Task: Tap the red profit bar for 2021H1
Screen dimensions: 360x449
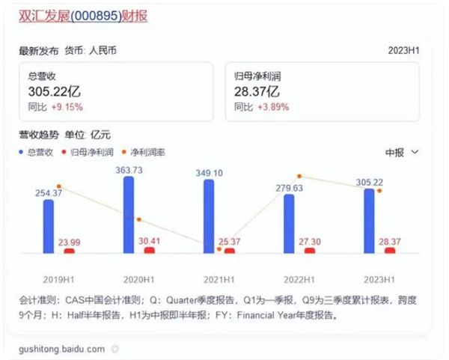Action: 229,251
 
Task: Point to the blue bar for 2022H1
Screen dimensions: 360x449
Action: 289,224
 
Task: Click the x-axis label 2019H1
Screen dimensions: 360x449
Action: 58,279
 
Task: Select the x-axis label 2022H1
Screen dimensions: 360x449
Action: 299,279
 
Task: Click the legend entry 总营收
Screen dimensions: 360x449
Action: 39,152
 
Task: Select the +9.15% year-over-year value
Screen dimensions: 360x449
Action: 67,108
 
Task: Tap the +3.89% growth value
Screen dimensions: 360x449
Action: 274,108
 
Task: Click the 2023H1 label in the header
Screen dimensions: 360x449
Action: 403,51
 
